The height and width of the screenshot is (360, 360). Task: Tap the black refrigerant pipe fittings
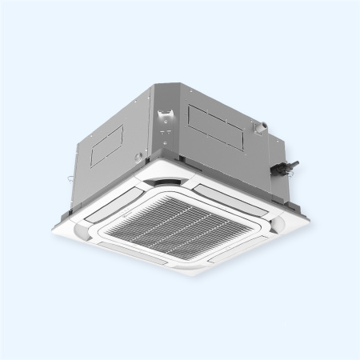click(286, 167)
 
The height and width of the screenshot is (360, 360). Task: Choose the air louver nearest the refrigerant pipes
click(240, 196)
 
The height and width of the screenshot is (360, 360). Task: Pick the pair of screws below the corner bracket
click(166, 130)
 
